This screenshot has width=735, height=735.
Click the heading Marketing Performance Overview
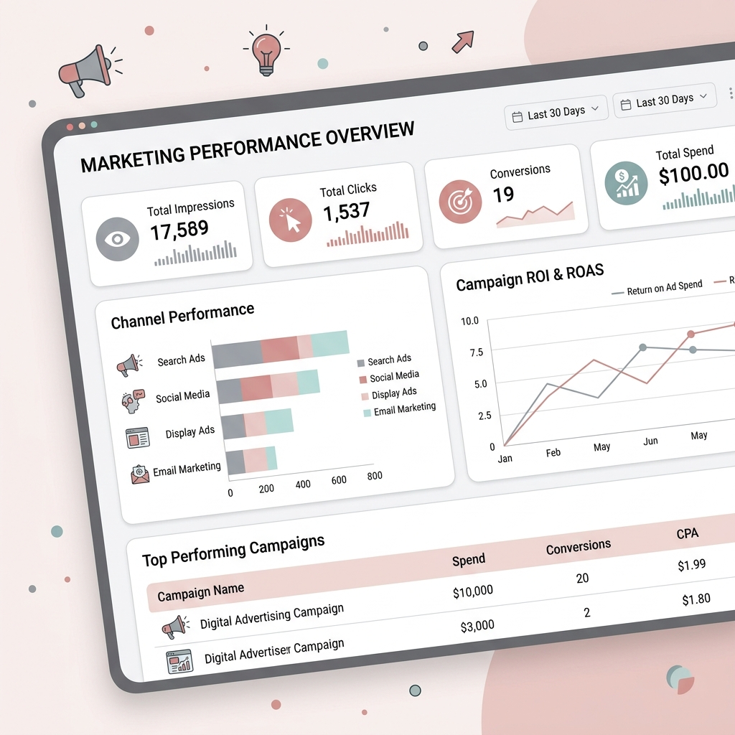click(x=247, y=148)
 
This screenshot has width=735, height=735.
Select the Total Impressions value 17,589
click(x=179, y=230)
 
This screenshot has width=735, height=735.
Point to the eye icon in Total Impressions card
click(x=117, y=238)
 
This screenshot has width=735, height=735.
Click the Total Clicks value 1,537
click(x=346, y=212)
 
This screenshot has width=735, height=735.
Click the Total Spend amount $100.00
click(x=693, y=173)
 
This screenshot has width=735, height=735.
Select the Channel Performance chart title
click(x=182, y=316)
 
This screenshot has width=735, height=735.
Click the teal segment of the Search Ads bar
click(x=331, y=344)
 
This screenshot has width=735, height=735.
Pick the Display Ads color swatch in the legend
click(x=365, y=395)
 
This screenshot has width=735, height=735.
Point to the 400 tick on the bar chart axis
click(x=303, y=484)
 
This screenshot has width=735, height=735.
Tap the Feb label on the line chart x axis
click(x=553, y=453)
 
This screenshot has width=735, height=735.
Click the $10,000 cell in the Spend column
click(x=473, y=591)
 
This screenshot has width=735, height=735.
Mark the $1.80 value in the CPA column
click(x=696, y=599)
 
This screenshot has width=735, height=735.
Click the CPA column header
click(x=687, y=534)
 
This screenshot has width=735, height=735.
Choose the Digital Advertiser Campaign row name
click(x=274, y=651)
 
